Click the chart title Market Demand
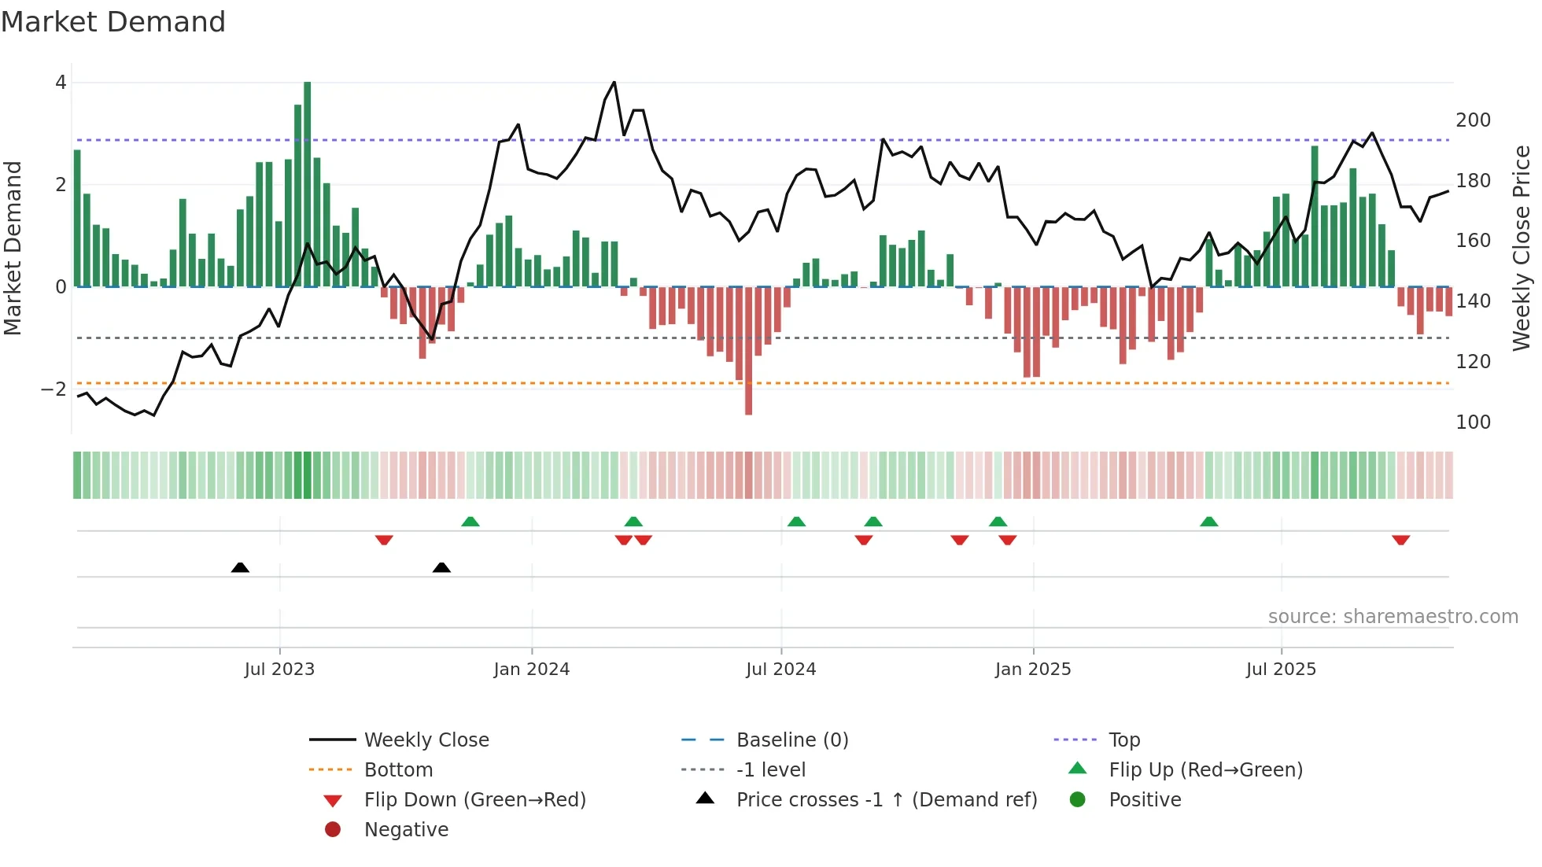pyautogui.click(x=113, y=22)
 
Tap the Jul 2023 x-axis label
pyautogui.click(x=279, y=670)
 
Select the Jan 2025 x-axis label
pyautogui.click(x=1033, y=670)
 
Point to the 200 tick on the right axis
pyautogui.click(x=1473, y=120)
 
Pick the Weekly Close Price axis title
pyautogui.click(x=1522, y=248)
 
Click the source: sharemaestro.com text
pyautogui.click(x=1393, y=617)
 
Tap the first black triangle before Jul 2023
pyautogui.click(x=240, y=567)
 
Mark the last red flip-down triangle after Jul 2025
pyautogui.click(x=1400, y=540)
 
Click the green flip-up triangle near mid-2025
pyautogui.click(x=1209, y=522)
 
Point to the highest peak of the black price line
pyautogui.click(x=614, y=82)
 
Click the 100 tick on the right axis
pyautogui.click(x=1473, y=422)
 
